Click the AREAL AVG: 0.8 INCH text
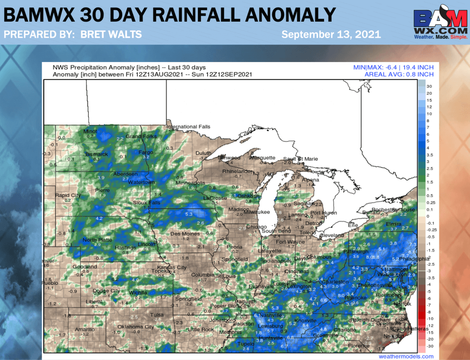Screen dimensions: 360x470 399,74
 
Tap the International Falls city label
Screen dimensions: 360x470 188,127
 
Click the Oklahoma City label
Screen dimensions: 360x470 136,327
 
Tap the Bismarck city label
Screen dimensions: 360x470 98,154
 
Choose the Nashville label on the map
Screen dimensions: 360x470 269,315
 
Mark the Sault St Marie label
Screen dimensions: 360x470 300,159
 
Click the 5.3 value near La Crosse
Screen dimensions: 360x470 188,214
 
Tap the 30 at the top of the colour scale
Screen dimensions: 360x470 430,86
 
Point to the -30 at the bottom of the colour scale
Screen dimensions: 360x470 431,346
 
